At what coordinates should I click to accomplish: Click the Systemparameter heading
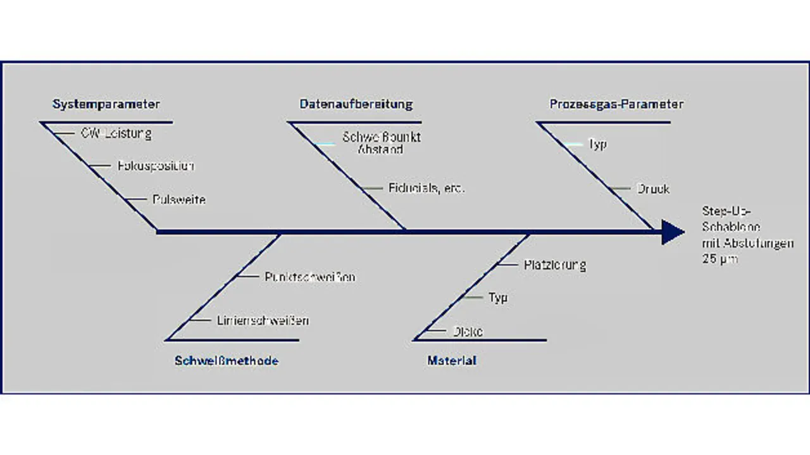tap(106, 104)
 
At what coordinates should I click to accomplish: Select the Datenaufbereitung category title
tap(356, 104)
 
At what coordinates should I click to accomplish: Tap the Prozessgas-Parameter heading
tap(616, 104)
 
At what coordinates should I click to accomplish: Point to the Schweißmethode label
tap(226, 361)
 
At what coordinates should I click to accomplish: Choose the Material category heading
tap(452, 361)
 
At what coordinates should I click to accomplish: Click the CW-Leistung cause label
tap(116, 134)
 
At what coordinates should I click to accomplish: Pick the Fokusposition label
tap(155, 166)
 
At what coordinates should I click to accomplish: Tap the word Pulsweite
tap(178, 200)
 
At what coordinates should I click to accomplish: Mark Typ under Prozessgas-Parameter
tap(597, 144)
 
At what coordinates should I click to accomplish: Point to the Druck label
tap(652, 189)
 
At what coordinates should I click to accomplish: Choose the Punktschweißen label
tap(309, 277)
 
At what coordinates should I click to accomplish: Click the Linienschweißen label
tap(263, 320)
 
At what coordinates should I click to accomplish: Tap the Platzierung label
tap(554, 265)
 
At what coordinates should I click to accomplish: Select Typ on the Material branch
tap(497, 297)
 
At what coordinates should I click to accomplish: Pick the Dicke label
tap(468, 331)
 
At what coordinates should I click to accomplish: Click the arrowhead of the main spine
tap(672, 232)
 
